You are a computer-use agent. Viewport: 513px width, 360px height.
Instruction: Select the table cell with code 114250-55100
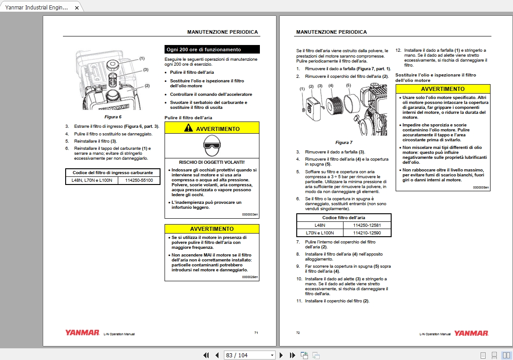[x=139, y=180]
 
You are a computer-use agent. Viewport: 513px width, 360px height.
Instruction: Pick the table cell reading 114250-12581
[x=367, y=225]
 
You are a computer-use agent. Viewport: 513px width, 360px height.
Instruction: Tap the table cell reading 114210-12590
[x=367, y=233]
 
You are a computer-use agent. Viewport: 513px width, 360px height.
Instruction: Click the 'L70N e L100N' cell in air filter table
[x=320, y=233]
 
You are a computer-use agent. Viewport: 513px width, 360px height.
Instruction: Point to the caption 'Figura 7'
[x=344, y=142]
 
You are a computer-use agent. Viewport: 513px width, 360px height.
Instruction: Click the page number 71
[x=256, y=333]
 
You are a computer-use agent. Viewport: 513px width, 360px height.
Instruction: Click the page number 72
[x=298, y=333]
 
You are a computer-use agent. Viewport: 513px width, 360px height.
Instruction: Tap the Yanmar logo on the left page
[x=82, y=333]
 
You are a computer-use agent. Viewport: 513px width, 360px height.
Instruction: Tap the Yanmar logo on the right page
[x=471, y=333]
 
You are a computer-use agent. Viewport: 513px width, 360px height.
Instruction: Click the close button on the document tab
[x=77, y=8]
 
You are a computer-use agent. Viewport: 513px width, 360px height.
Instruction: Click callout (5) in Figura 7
[x=348, y=85]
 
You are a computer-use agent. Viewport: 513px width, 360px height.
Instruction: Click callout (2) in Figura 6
[x=147, y=85]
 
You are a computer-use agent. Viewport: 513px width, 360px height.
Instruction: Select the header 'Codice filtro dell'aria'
[x=343, y=217]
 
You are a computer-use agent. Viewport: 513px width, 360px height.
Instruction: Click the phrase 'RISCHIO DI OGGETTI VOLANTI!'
[x=212, y=162]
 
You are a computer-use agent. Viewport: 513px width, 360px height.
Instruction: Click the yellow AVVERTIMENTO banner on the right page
[x=442, y=89]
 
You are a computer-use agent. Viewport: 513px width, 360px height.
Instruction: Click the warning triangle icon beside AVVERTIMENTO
[x=188, y=129]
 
